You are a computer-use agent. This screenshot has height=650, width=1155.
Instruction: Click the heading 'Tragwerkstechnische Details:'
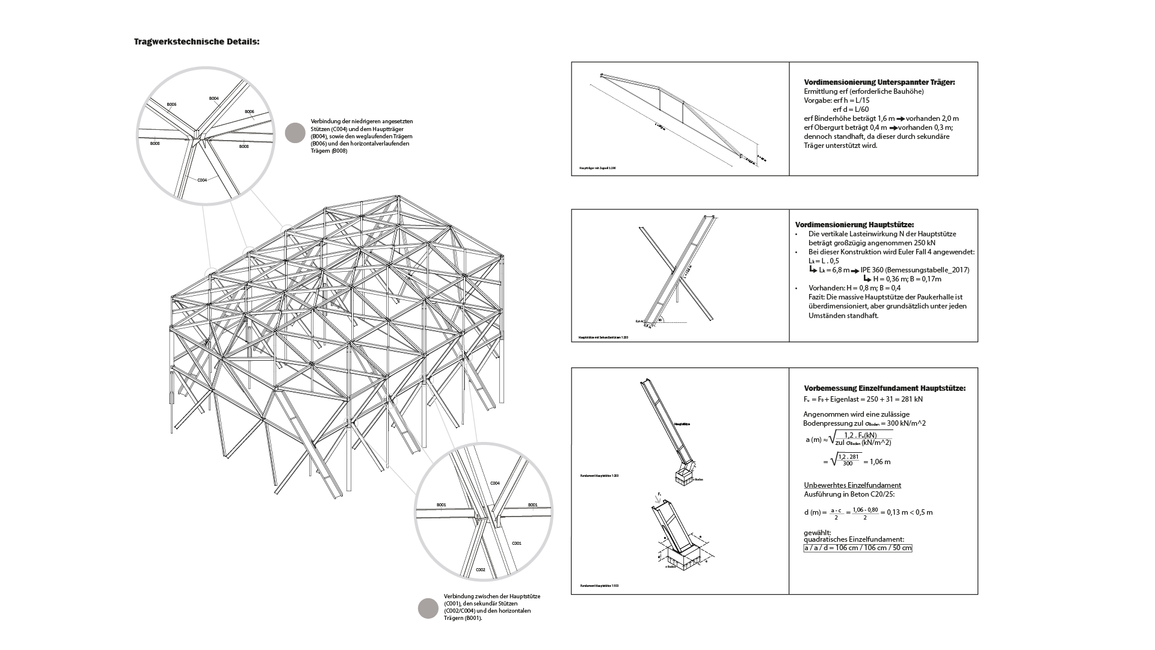tap(197, 42)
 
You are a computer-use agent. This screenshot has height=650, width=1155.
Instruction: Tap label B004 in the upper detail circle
tap(214, 98)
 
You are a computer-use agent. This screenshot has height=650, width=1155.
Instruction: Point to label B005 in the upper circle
tap(171, 105)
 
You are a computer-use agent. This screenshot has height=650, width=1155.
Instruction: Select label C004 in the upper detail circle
tap(202, 180)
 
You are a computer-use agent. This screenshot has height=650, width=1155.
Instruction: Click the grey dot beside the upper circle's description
tap(295, 133)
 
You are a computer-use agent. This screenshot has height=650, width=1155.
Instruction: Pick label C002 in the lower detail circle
tap(481, 569)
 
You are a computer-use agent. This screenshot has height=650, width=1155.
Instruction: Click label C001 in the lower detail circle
tap(516, 543)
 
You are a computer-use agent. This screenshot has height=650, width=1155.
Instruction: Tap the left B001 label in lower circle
tap(442, 504)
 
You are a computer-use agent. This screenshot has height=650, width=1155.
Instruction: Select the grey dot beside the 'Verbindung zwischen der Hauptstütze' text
tap(428, 608)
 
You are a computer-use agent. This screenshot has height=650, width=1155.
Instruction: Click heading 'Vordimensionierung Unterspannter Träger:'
tap(879, 82)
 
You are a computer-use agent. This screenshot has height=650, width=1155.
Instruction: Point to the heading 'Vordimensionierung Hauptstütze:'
tap(854, 225)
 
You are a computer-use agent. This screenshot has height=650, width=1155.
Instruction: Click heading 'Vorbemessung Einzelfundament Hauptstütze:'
tap(884, 388)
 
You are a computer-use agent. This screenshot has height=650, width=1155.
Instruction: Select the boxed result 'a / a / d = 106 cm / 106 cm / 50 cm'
tap(858, 548)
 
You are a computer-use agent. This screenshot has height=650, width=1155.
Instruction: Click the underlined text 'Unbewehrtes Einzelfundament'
tap(852, 485)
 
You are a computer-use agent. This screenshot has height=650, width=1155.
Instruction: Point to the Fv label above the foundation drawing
tap(659, 494)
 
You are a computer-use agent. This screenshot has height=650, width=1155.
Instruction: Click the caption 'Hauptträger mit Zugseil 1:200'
tap(597, 168)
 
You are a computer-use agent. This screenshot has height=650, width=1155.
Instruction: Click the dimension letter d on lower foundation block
tap(660, 557)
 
